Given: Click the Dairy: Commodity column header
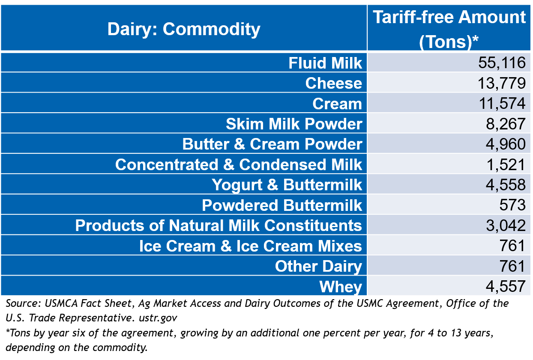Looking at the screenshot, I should (x=183, y=29).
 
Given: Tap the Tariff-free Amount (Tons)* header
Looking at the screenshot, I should (x=449, y=29).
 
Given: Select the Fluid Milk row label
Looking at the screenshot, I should (x=325, y=63).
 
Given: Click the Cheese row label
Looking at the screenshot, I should (x=333, y=83).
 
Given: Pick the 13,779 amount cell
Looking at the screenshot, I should (x=501, y=83).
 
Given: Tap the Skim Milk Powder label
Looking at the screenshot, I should (x=294, y=124).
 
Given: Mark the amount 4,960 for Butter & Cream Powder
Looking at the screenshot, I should (x=505, y=144).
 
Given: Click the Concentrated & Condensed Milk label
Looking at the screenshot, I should (x=238, y=165).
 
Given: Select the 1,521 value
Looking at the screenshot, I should (x=505, y=165).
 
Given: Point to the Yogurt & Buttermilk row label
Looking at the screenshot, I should (x=287, y=185).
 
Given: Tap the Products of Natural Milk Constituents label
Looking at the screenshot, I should (x=219, y=225).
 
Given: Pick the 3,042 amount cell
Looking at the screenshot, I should (x=505, y=225).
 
